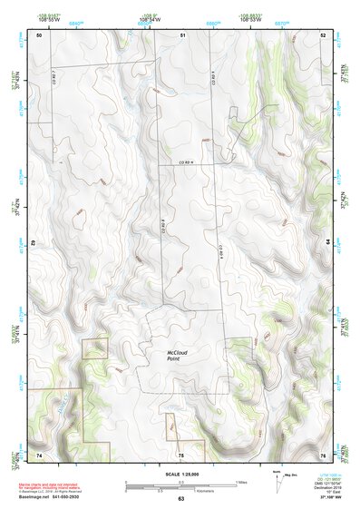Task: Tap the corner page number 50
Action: pyautogui.click(x=39, y=34)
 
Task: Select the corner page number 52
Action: pyautogui.click(x=323, y=34)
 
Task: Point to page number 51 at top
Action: pyautogui.click(x=182, y=34)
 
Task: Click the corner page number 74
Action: pyautogui.click(x=39, y=454)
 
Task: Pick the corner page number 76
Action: pyautogui.click(x=323, y=454)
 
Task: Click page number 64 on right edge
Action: pyautogui.click(x=326, y=242)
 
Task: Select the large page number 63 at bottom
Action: pyautogui.click(x=180, y=500)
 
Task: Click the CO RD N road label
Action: pyautogui.click(x=188, y=162)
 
